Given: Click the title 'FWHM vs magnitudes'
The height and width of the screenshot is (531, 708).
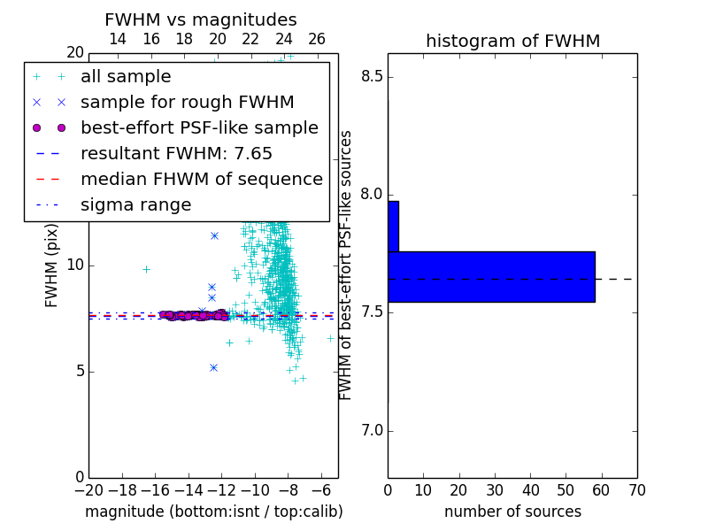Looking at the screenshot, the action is pyautogui.click(x=201, y=19).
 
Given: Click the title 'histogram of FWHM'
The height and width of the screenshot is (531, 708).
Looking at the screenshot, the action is pyautogui.click(x=513, y=41).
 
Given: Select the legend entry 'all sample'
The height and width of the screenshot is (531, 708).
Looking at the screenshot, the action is pyautogui.click(x=126, y=77).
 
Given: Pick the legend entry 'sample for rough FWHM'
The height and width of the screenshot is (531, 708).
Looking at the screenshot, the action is pyautogui.click(x=187, y=102).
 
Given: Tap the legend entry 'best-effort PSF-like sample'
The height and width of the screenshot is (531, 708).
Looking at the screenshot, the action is pyautogui.click(x=199, y=127).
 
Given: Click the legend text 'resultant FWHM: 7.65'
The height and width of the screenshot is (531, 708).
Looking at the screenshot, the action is pyautogui.click(x=176, y=153).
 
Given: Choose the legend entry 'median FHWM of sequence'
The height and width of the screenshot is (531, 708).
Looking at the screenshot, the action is pyautogui.click(x=202, y=180).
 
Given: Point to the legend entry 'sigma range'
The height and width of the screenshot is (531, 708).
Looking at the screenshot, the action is pyautogui.click(x=136, y=205).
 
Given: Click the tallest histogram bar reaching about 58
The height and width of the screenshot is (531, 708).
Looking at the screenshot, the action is pyautogui.click(x=491, y=277).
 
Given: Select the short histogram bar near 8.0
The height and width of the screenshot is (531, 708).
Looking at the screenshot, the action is pyautogui.click(x=393, y=227).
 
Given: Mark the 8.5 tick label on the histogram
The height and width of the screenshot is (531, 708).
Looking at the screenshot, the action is pyautogui.click(x=372, y=77).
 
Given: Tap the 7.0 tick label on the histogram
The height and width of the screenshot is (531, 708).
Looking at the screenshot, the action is pyautogui.click(x=372, y=431).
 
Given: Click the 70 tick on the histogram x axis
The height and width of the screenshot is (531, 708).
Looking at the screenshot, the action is pyautogui.click(x=637, y=490).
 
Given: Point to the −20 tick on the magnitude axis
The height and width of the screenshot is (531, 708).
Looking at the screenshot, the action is pyautogui.click(x=89, y=490).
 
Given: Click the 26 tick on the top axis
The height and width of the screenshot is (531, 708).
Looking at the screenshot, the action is pyautogui.click(x=317, y=39).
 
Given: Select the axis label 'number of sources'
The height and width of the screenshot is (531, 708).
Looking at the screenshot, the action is pyautogui.click(x=513, y=512).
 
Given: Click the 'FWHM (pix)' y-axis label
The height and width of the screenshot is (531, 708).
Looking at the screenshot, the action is pyautogui.click(x=51, y=265).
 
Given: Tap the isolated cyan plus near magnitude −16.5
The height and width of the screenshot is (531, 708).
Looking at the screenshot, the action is pyautogui.click(x=146, y=270).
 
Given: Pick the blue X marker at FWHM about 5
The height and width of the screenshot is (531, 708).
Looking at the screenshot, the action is pyautogui.click(x=214, y=368).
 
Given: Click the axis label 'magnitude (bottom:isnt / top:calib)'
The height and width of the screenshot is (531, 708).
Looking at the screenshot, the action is pyautogui.click(x=214, y=512).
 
